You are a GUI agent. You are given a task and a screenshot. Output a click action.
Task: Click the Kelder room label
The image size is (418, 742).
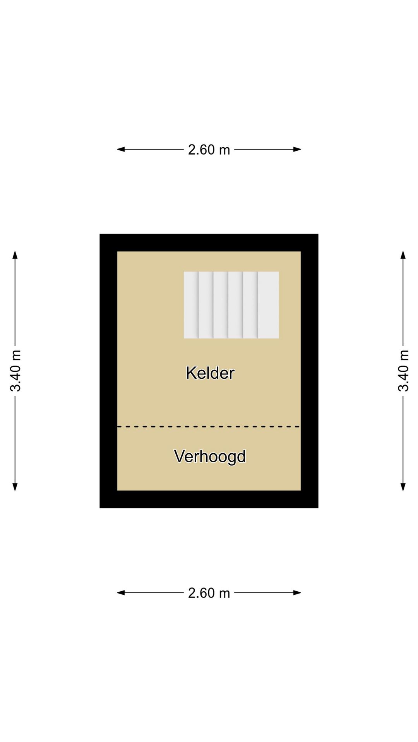(210, 373)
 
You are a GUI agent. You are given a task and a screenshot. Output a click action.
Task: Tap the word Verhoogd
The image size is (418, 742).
(210, 456)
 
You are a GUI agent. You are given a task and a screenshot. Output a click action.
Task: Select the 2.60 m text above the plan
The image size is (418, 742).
(209, 150)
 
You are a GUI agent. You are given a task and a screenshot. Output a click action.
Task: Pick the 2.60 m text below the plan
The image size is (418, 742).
(209, 593)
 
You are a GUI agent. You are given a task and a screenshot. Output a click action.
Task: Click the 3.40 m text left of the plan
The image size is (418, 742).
(15, 371)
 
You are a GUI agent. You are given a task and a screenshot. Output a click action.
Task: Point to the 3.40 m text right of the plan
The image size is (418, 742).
(403, 371)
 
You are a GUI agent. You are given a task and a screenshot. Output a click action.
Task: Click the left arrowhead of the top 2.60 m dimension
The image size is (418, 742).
(121, 149)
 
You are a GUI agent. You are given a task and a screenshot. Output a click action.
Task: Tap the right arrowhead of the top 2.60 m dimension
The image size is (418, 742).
(297, 149)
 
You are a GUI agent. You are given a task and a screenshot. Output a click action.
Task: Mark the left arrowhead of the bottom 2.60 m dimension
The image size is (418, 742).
(121, 592)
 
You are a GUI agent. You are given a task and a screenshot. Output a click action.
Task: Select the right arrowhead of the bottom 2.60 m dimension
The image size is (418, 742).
(297, 592)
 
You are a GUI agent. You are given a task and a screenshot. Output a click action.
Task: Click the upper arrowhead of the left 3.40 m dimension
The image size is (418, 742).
(15, 255)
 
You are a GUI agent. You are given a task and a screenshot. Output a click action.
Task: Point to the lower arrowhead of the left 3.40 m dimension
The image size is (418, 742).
(15, 487)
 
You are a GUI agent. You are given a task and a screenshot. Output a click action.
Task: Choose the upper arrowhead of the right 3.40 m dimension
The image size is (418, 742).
(403, 255)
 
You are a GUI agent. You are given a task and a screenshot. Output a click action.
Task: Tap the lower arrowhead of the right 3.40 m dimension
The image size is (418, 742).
(403, 487)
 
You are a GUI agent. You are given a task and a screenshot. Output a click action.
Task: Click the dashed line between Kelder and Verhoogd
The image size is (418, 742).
(209, 427)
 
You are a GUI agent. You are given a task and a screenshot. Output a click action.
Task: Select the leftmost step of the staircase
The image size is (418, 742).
(191, 305)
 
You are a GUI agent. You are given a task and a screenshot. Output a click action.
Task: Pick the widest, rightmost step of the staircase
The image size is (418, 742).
(269, 305)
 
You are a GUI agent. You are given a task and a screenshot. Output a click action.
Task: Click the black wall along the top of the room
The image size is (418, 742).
(209, 243)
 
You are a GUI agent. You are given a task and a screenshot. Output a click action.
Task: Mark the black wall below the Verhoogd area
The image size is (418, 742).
(209, 499)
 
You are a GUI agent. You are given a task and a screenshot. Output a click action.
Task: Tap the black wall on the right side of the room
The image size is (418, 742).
(310, 371)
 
